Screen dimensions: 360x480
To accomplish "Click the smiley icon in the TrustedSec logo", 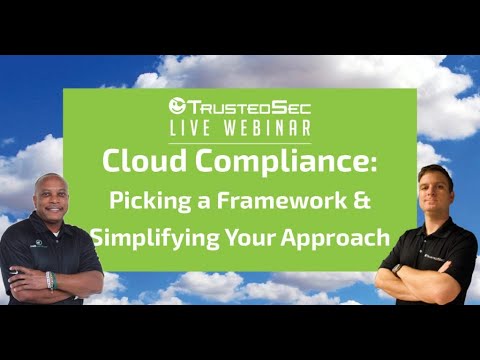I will pyautogui.click(x=178, y=104).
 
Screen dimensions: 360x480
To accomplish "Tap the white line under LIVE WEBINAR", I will pyautogui.click(x=239, y=139).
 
